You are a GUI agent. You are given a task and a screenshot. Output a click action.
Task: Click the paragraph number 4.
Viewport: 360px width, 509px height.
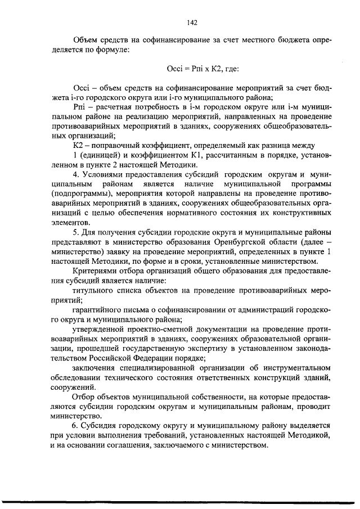(x=75, y=174)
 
